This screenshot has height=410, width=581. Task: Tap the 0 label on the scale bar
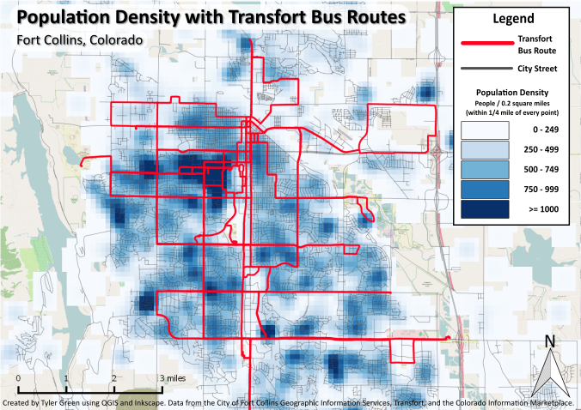coord(18,377)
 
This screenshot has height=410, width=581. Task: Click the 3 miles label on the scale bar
coord(172,377)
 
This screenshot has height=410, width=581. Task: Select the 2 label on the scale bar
coord(113,377)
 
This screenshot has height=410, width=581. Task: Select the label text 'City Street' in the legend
coord(537,69)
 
